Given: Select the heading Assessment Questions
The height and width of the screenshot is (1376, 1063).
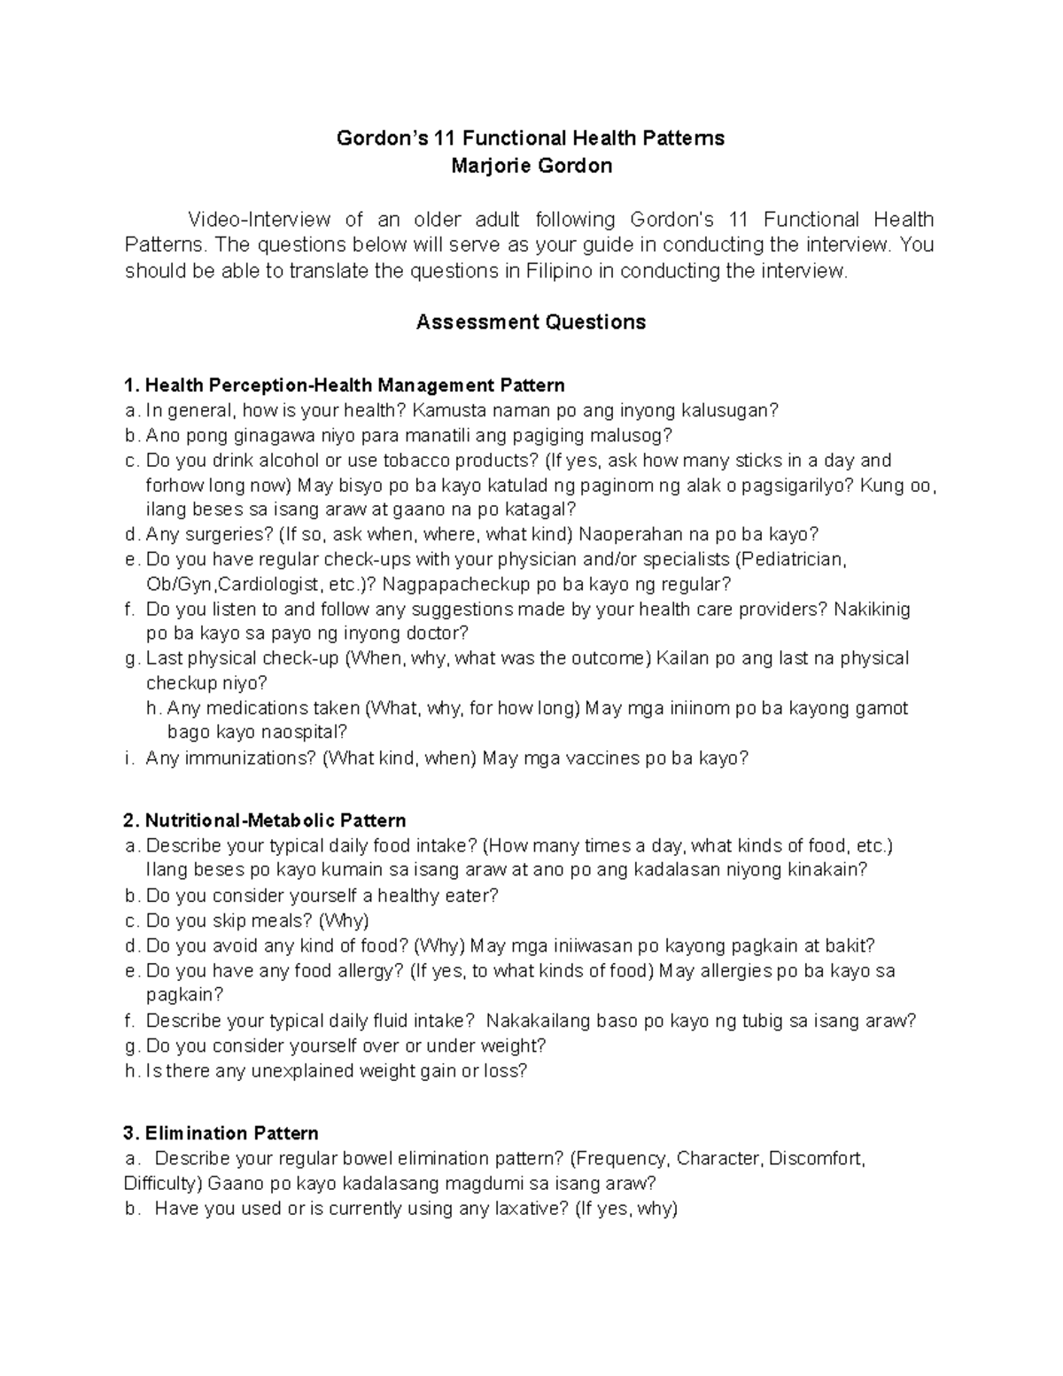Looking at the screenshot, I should [x=531, y=322].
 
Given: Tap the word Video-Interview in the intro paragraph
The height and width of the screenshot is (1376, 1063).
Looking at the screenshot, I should [x=258, y=219].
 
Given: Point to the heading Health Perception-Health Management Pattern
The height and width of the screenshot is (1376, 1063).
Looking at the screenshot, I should [x=354, y=385].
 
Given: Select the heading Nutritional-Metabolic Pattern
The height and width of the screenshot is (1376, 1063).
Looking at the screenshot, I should [x=275, y=820].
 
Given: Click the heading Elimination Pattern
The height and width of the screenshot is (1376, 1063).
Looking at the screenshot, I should [x=231, y=1133].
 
